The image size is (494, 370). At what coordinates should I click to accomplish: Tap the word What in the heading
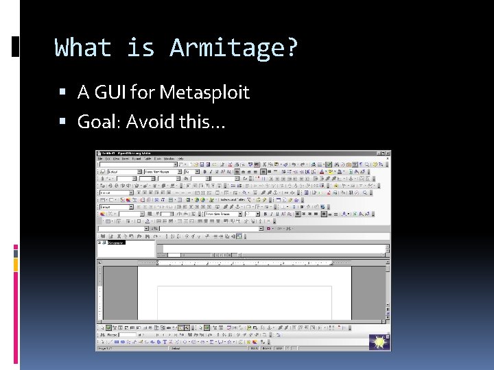[82, 49]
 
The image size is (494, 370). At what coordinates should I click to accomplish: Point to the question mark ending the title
[292, 49]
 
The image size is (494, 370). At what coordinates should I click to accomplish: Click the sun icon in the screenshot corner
[379, 341]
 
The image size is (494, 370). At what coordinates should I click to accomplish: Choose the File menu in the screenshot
[100, 158]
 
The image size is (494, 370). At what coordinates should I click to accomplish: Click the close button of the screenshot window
[388, 153]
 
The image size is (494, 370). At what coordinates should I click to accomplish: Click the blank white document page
[244, 301]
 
